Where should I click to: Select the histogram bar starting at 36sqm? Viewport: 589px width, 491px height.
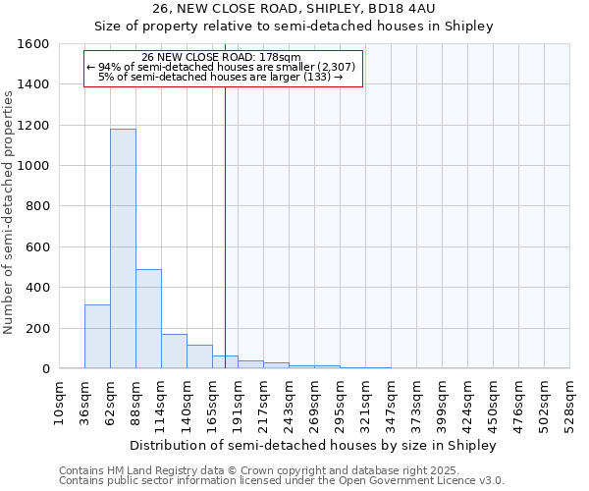pos(97,337)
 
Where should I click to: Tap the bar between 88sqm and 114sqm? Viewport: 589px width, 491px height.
pos(148,319)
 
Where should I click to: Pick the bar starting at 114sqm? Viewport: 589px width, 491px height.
pos(174,352)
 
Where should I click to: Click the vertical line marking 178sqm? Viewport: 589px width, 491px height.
pos(225,226)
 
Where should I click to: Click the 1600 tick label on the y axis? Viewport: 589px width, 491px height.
pos(34,44)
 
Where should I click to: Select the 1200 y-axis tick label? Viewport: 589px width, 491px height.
pos(34,126)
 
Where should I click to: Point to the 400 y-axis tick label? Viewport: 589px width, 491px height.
pos(38,288)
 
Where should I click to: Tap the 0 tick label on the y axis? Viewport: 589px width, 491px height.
pos(45,369)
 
